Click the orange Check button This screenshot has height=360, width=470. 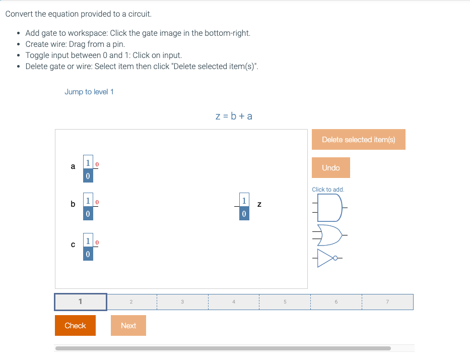click(x=75, y=326)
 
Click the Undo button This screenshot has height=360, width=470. click(x=330, y=168)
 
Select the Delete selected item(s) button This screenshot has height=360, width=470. click(x=358, y=140)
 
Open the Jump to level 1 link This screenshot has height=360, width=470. click(x=89, y=92)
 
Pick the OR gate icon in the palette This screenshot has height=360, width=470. click(x=330, y=235)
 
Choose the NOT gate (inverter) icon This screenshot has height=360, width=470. click(x=328, y=259)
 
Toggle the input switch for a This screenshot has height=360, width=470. click(x=88, y=169)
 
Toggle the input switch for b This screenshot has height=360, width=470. click(x=88, y=207)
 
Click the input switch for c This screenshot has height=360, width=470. click(x=88, y=248)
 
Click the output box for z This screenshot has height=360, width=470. click(x=244, y=207)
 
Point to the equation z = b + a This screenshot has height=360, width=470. click(x=234, y=116)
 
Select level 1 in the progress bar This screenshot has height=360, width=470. click(x=81, y=302)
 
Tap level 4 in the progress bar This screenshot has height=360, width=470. click(x=233, y=302)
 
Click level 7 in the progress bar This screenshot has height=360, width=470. click(x=387, y=302)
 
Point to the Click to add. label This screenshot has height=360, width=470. click(x=328, y=190)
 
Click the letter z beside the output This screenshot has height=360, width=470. click(x=259, y=204)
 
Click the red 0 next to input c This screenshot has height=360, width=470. click(x=97, y=243)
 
